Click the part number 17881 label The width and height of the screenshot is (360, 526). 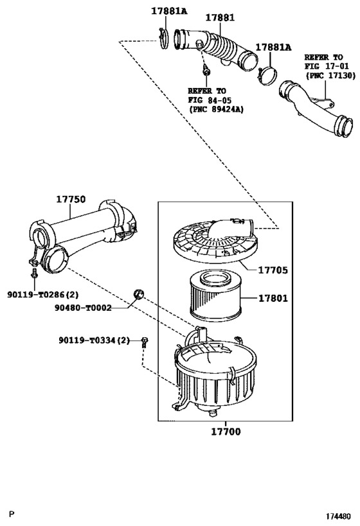[x=220, y=17]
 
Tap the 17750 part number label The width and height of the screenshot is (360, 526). [x=71, y=199]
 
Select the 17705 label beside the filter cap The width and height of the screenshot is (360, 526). [x=273, y=270]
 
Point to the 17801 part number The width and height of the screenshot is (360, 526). [x=273, y=298]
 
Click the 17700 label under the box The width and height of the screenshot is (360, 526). [x=226, y=432]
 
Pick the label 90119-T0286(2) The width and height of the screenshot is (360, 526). [x=43, y=295]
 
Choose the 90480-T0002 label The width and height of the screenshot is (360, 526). [x=83, y=308]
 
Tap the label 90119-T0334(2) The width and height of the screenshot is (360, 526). [x=94, y=340]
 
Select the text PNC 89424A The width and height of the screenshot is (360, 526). [x=216, y=109]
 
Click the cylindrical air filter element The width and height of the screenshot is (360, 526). [x=215, y=295]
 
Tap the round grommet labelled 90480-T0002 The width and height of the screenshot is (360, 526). [x=138, y=294]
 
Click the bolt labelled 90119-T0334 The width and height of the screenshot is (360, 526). [x=145, y=342]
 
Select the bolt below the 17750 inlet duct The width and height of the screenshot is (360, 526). [x=34, y=273]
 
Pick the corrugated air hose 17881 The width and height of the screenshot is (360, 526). [x=216, y=49]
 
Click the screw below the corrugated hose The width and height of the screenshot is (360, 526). [x=206, y=70]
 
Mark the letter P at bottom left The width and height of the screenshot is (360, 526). [x=12, y=514]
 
